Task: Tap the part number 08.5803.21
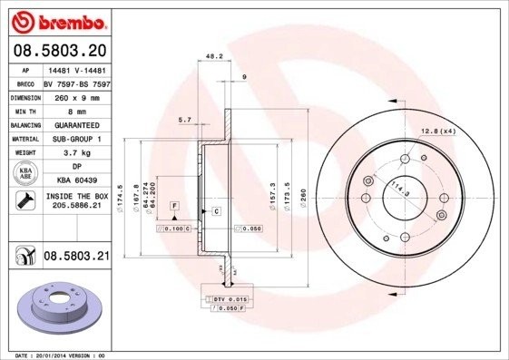[77, 258]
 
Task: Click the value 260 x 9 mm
[77, 96]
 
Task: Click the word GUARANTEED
[77, 124]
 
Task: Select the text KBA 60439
[77, 181]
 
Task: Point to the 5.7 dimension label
[185, 120]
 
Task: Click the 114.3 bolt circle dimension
[396, 191]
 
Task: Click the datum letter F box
[173, 207]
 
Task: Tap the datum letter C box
[217, 211]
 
